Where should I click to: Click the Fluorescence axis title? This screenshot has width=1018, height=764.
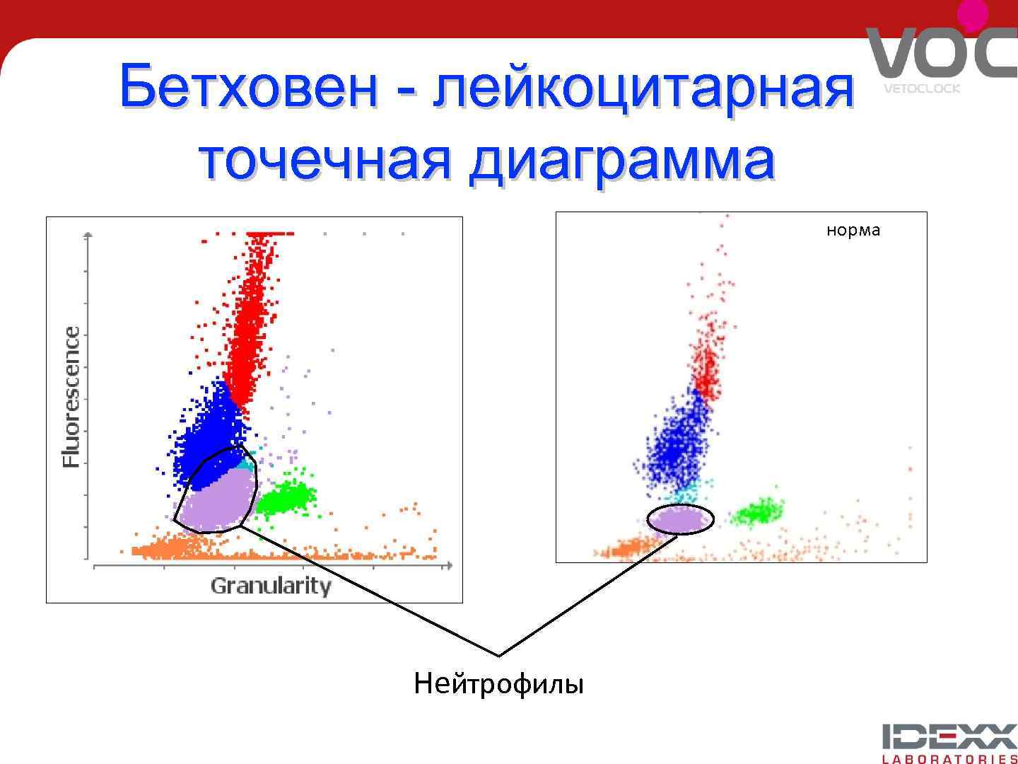click(71, 397)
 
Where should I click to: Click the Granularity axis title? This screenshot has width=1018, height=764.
click(271, 586)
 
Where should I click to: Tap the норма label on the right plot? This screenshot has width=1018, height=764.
click(853, 231)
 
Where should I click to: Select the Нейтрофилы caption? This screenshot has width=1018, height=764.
click(499, 684)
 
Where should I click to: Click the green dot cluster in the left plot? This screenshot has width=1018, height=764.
click(287, 494)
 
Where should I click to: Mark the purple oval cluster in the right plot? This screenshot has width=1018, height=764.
click(680, 520)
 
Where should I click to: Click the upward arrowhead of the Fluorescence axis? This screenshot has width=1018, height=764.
click(88, 235)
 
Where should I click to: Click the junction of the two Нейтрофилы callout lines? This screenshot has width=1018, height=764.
click(499, 656)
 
